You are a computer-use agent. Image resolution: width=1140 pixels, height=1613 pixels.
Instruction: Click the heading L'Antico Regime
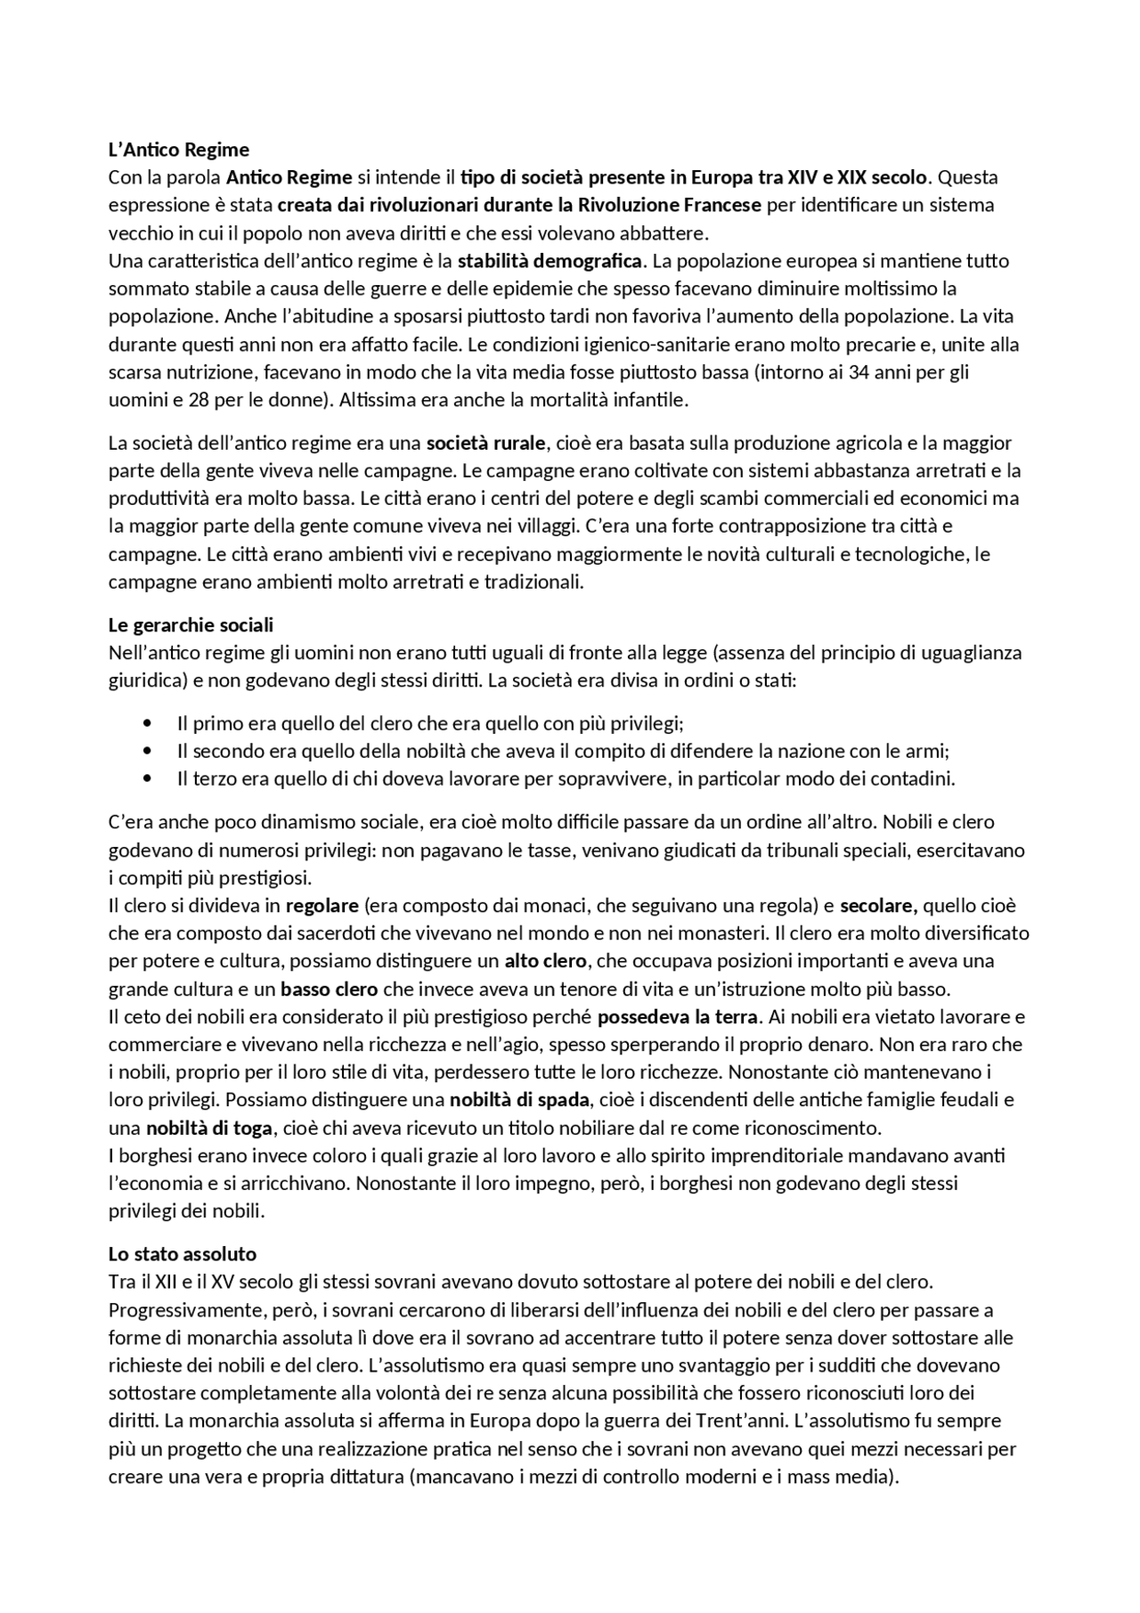point(178,149)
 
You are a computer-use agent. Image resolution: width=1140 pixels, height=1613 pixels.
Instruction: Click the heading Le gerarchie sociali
point(191,624)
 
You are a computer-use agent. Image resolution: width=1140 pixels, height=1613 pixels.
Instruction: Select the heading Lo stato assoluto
point(183,1254)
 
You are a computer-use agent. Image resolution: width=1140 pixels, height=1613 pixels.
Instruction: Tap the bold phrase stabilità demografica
point(550,261)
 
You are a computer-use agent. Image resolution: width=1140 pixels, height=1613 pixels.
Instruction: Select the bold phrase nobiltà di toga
point(209,1128)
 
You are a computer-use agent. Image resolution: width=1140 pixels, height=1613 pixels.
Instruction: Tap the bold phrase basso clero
point(330,990)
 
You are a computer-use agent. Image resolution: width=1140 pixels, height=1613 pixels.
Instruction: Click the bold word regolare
point(322,906)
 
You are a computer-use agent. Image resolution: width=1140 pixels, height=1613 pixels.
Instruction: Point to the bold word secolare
point(877,906)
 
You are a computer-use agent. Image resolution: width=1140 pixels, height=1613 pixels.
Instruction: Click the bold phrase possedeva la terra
point(677,1016)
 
